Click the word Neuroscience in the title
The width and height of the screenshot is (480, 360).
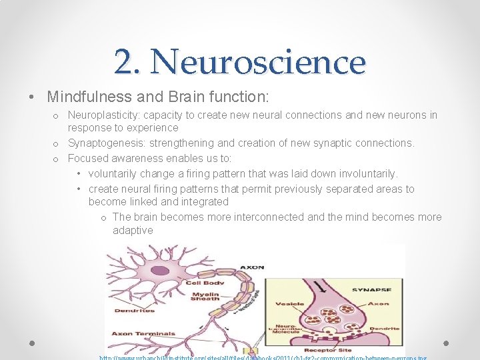[x=259, y=62]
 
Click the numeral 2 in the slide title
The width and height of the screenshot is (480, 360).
[x=127, y=62]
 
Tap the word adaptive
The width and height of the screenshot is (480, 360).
[x=133, y=230]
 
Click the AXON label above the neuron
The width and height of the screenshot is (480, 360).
[x=251, y=267]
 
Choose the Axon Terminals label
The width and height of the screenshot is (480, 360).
[x=143, y=333]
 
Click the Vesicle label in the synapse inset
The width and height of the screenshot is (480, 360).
[x=293, y=304]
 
